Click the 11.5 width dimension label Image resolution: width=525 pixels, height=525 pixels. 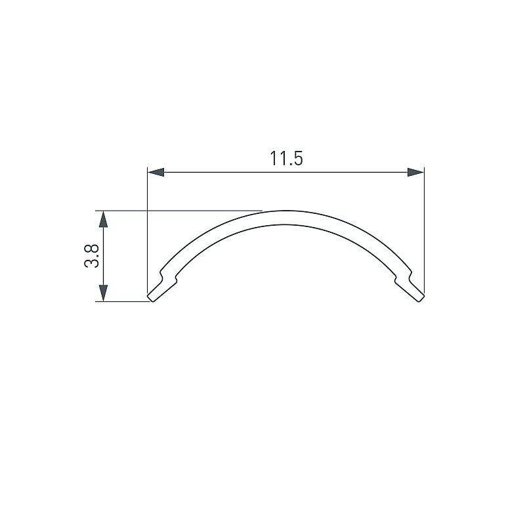pyautogui.click(x=286, y=158)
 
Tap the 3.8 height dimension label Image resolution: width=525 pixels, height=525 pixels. pyautogui.click(x=91, y=255)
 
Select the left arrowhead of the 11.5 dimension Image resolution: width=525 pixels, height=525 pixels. pyautogui.click(x=156, y=173)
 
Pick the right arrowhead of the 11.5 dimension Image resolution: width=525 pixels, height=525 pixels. pyautogui.click(x=415, y=173)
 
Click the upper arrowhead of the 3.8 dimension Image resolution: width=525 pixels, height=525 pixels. pyautogui.click(x=104, y=219)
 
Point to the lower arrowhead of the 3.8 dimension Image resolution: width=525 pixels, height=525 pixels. pyautogui.click(x=104, y=293)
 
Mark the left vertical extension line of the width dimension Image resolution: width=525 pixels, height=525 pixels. pyautogui.click(x=147, y=230)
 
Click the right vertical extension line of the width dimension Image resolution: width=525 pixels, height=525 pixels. pyautogui.click(x=424, y=230)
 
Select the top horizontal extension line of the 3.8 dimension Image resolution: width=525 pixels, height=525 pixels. pyautogui.click(x=178, y=211)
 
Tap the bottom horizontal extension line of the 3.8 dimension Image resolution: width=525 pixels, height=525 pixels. pyautogui.click(x=123, y=301)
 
